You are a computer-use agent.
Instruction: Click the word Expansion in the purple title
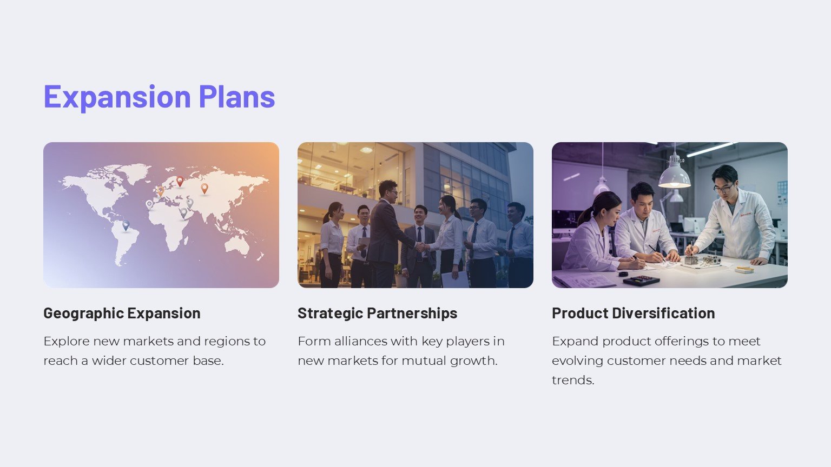pos(117,97)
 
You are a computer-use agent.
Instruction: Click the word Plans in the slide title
pos(237,97)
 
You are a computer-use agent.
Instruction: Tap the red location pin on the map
pos(180,181)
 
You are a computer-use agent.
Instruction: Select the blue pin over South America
pos(126,225)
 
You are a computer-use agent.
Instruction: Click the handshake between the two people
pos(419,246)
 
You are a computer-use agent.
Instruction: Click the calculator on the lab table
pos(641,281)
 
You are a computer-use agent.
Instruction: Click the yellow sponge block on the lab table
pos(744,269)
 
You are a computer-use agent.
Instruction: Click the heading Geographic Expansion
pos(122,313)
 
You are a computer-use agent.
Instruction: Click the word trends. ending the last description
pos(573,380)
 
